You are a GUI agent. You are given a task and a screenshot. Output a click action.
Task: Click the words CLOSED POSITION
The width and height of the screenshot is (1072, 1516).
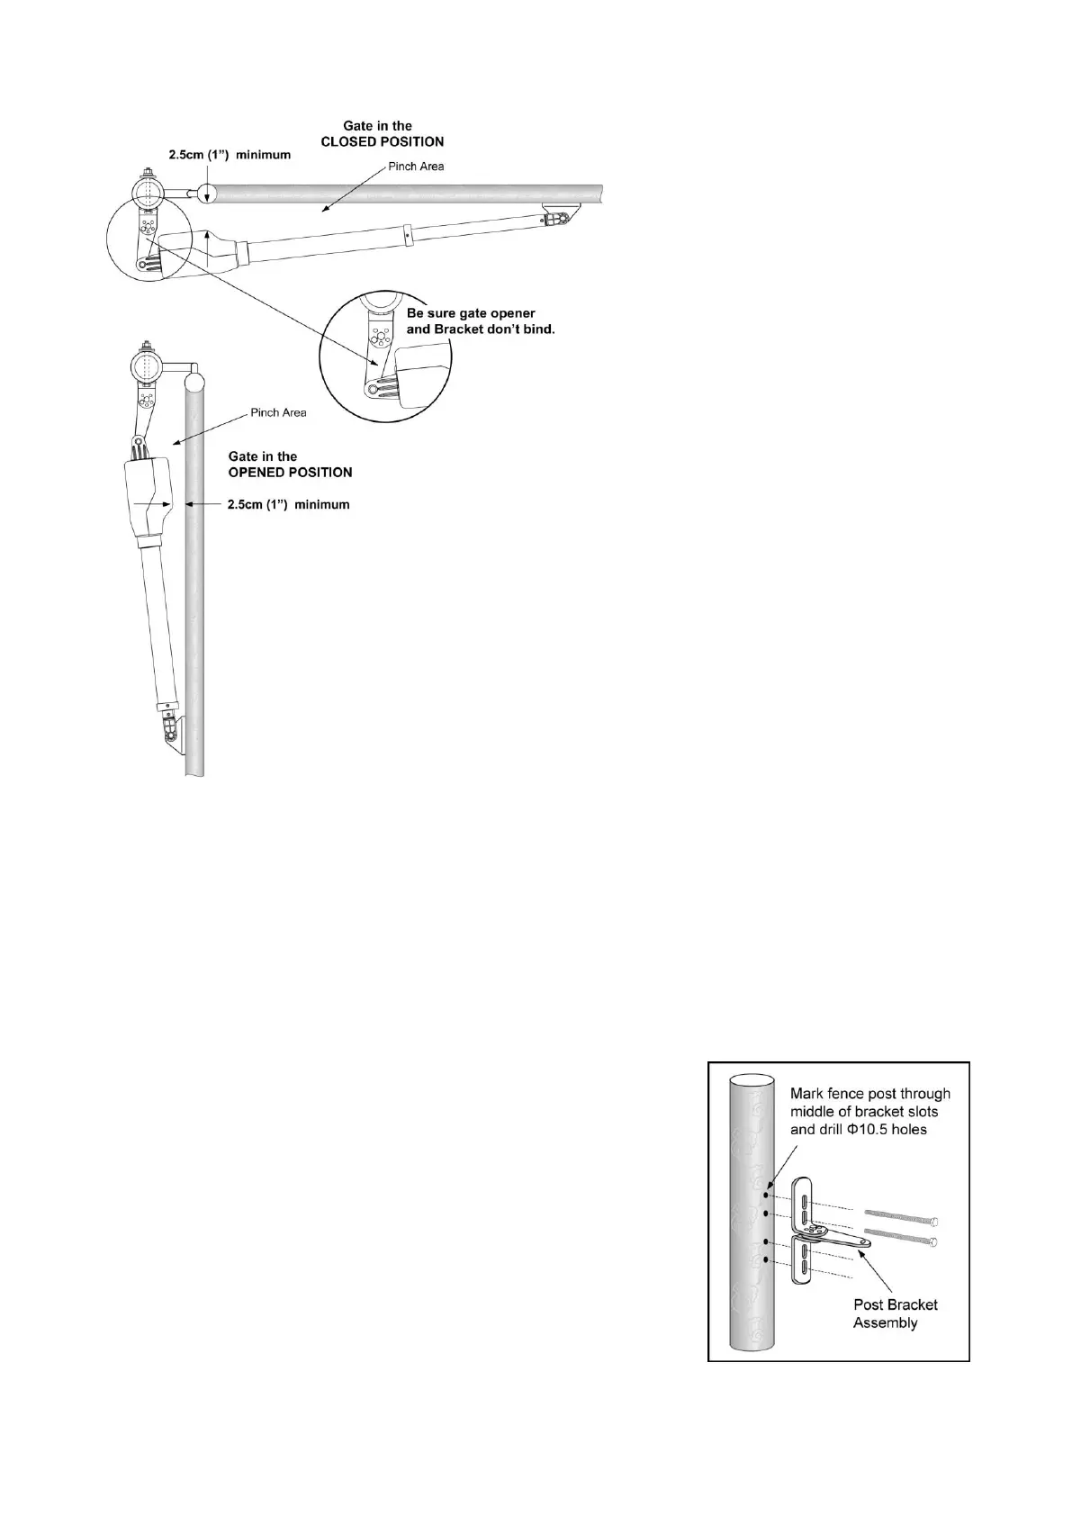point(383,141)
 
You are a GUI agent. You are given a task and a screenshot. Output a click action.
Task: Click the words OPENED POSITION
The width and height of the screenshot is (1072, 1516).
point(290,473)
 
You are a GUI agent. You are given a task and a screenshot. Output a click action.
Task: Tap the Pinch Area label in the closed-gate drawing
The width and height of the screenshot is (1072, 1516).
point(416,167)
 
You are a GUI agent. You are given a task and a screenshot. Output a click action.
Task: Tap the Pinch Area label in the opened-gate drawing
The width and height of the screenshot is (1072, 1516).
point(278,413)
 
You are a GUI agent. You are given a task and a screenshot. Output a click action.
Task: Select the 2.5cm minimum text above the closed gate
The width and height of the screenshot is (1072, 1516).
point(230,155)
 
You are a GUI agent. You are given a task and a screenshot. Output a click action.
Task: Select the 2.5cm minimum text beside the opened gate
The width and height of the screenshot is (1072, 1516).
point(288,505)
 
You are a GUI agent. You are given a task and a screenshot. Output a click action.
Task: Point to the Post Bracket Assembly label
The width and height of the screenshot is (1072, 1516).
point(895,1313)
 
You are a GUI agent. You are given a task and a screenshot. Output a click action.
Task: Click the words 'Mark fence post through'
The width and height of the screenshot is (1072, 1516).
point(869,1094)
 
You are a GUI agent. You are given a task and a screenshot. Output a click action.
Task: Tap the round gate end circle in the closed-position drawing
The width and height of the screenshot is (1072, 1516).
point(206,192)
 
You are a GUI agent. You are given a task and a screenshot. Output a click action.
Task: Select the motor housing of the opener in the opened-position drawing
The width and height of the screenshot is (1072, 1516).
point(149,499)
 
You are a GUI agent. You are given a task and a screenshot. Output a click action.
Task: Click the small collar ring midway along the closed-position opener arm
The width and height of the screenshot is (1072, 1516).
point(407,233)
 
